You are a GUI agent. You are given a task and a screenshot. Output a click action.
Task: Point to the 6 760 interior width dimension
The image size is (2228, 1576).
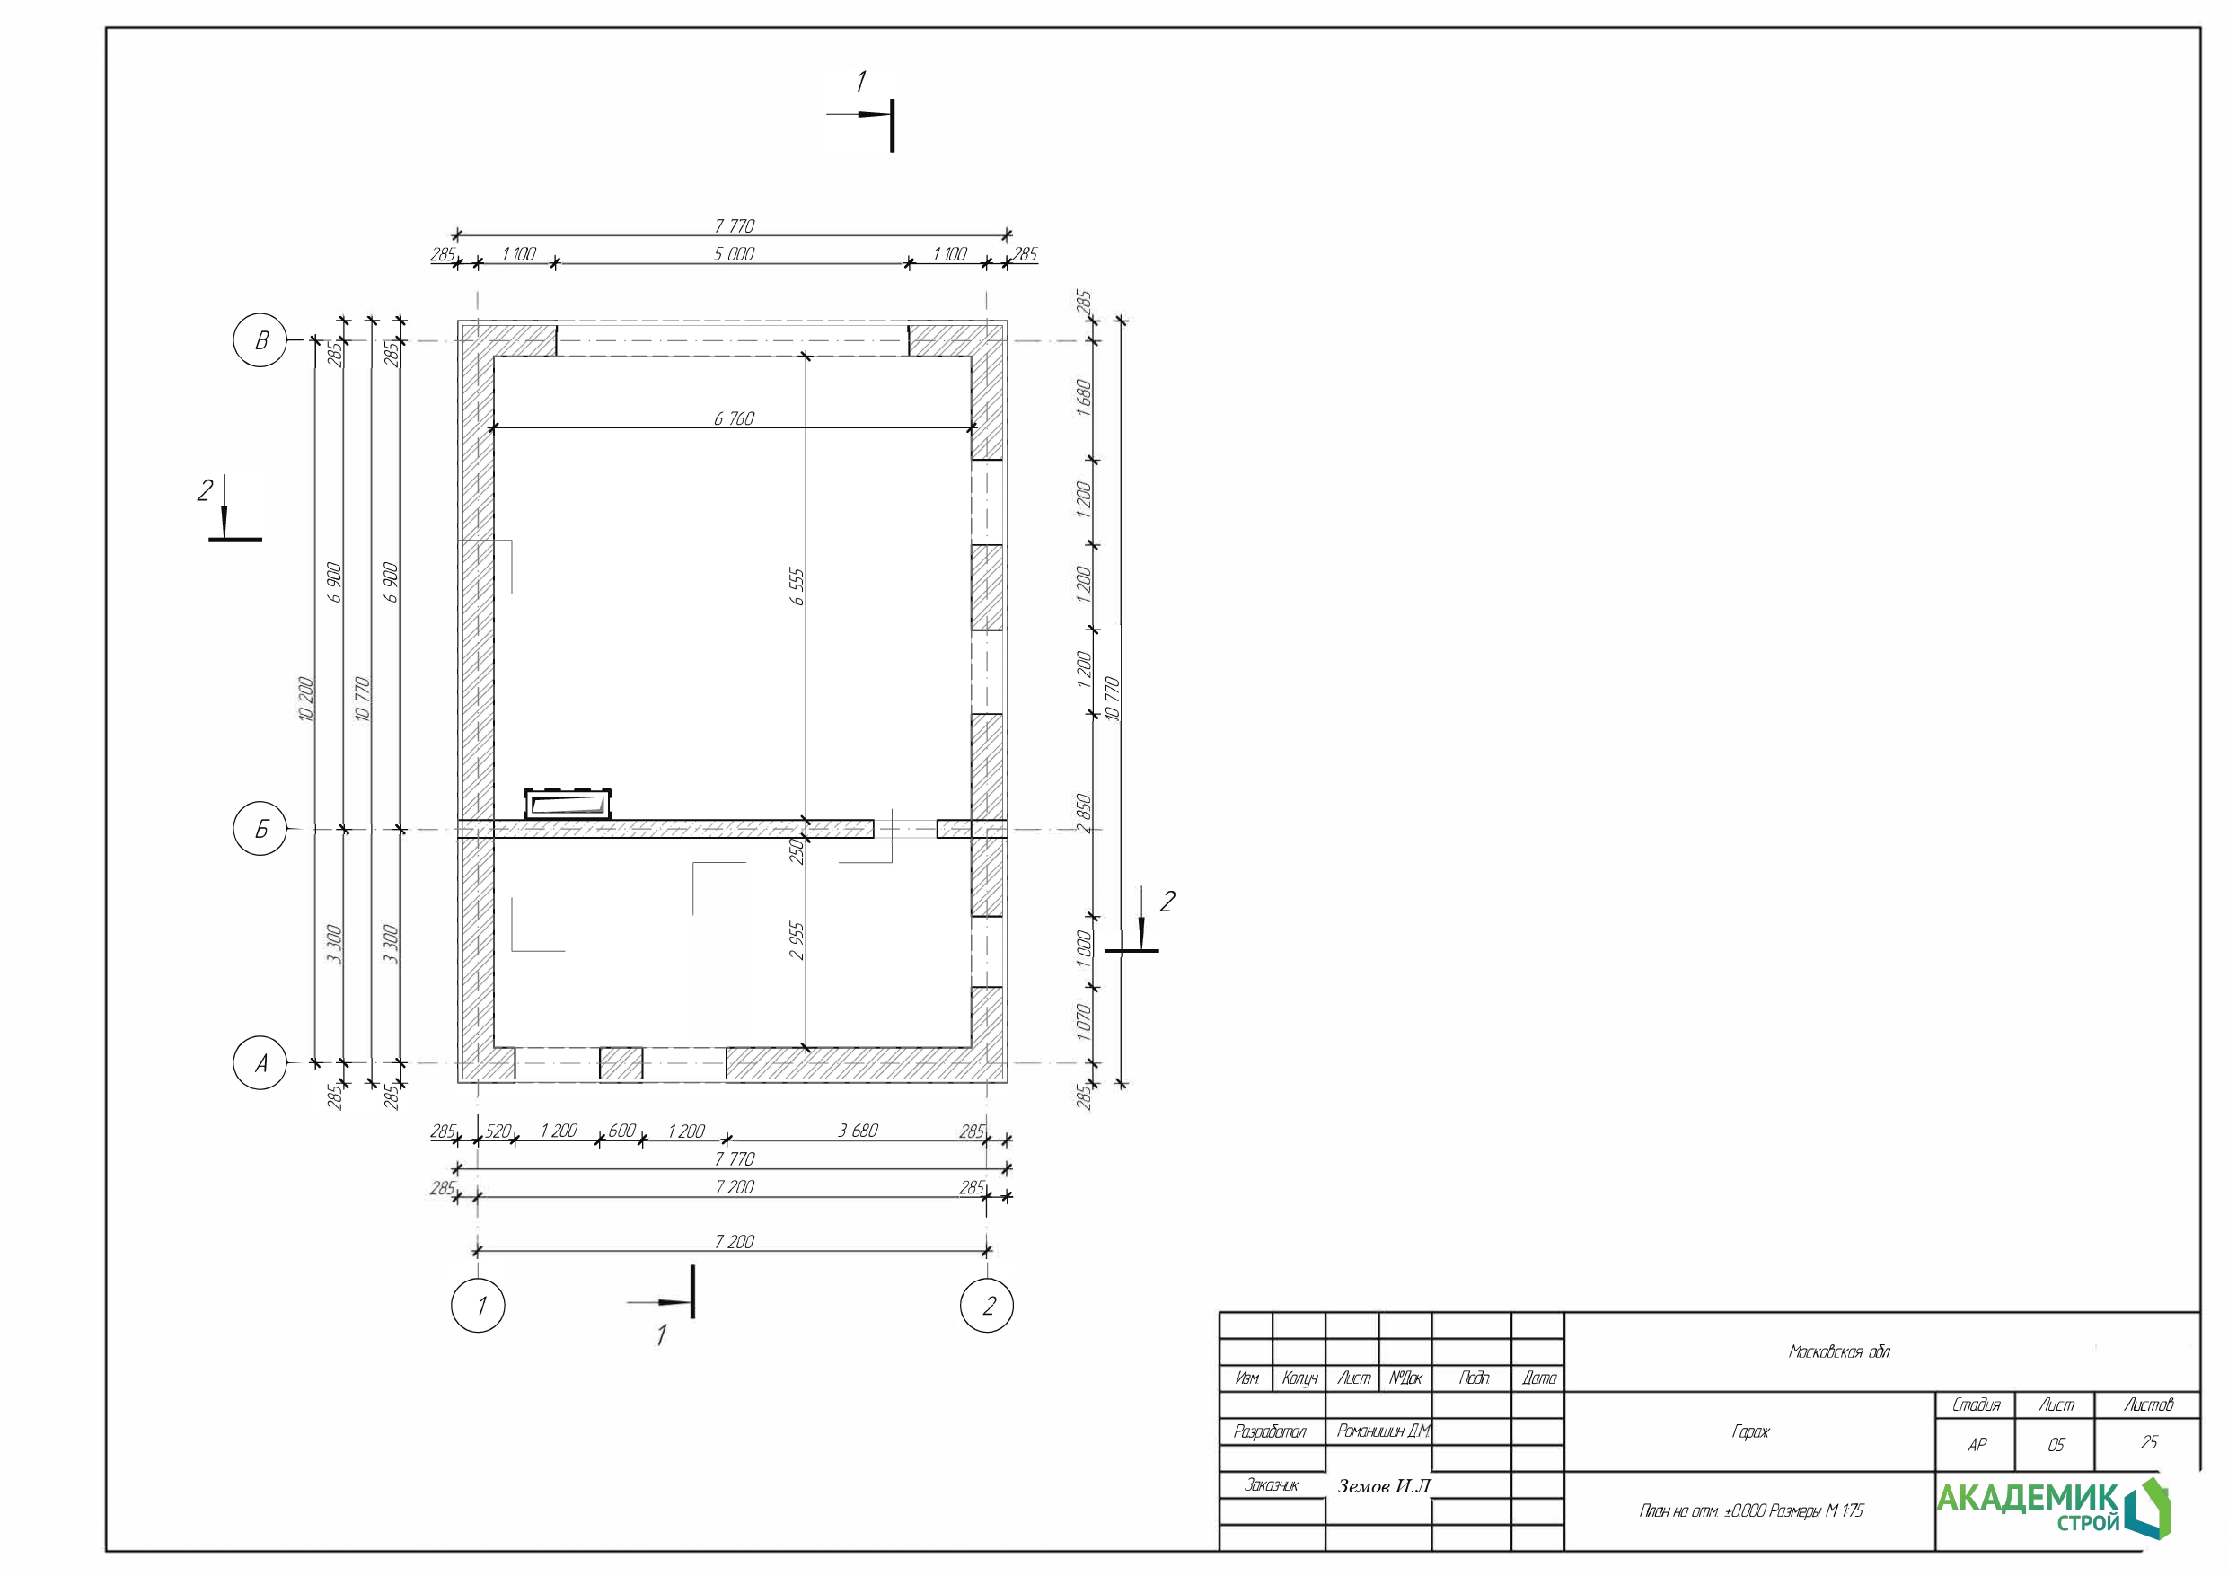coord(734,418)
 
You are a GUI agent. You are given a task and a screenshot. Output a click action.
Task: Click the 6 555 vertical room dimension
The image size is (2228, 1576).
coord(797,586)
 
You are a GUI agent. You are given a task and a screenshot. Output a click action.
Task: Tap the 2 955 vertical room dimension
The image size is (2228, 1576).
coord(797,940)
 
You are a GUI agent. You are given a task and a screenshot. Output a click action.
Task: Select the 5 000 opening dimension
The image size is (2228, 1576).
coord(734,253)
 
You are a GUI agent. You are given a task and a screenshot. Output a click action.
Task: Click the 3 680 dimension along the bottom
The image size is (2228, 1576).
coord(858,1131)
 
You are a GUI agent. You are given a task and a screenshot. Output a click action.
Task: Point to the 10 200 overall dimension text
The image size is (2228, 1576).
coord(305,699)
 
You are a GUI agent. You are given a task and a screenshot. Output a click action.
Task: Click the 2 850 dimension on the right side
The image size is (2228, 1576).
coord(1084,814)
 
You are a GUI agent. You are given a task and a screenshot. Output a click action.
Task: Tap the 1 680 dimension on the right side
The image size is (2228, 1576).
coord(1084,398)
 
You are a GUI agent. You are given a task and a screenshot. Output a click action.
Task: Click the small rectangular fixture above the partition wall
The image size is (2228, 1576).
coord(568,805)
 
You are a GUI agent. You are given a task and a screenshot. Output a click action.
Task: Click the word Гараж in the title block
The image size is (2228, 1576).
coord(1750,1431)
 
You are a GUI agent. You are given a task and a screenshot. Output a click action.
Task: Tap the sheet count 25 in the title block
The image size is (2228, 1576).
coord(2148,1443)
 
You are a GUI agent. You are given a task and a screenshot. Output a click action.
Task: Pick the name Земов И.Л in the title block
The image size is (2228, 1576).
coord(1384,1485)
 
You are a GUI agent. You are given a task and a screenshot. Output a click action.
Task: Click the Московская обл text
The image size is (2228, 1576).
coord(1839,1351)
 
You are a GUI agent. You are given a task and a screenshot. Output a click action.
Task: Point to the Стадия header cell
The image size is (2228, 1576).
coord(1976,1405)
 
